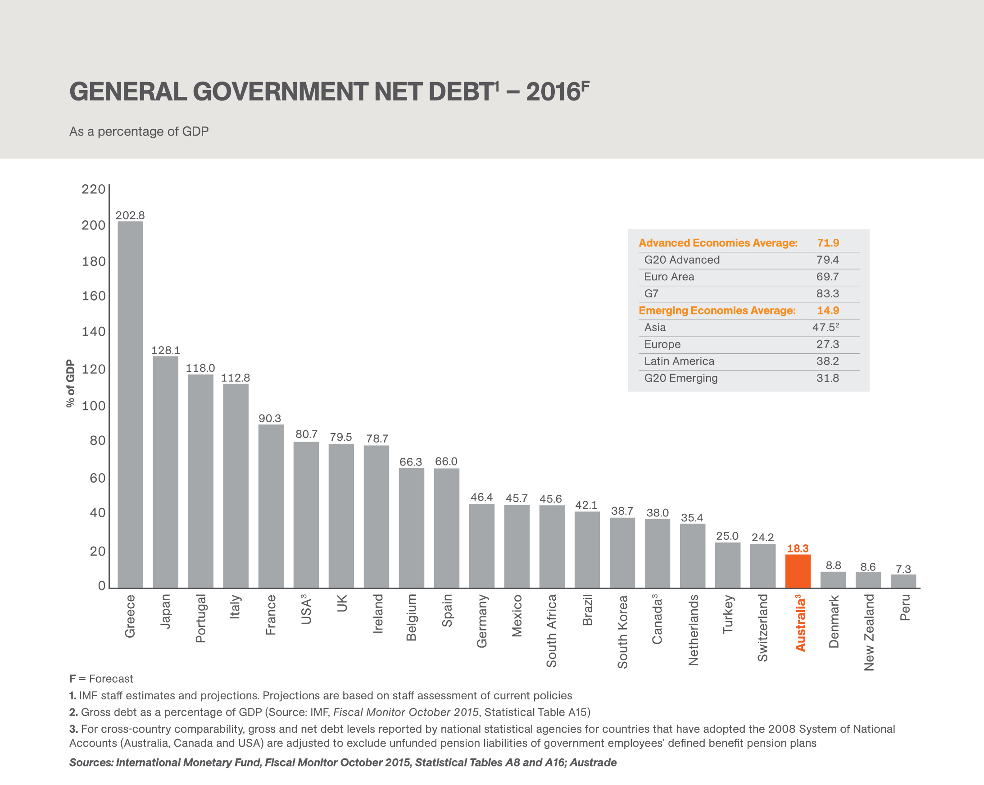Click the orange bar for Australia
[798, 571]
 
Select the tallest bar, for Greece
[130, 404]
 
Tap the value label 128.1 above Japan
[166, 350]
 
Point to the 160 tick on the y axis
[94, 296]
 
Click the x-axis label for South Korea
[622, 632]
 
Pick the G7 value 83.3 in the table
[827, 294]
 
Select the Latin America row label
[679, 361]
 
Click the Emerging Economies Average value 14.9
[827, 310]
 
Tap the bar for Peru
[903, 581]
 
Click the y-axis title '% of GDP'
[70, 383]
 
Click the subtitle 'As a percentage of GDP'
[139, 132]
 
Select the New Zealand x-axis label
[869, 632]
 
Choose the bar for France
[271, 506]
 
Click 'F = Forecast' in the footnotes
[101, 679]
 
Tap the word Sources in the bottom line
[91, 762]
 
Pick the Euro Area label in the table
[669, 277]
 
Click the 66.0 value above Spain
[446, 461]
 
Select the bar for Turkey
[727, 565]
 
